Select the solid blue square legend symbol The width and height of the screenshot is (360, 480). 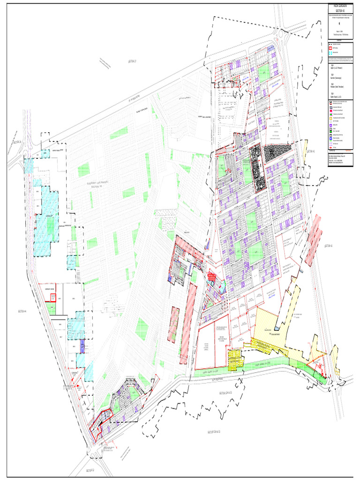(x=330, y=139)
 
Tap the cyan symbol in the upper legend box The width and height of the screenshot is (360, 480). (x=330, y=53)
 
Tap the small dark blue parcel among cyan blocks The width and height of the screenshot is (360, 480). (x=82, y=346)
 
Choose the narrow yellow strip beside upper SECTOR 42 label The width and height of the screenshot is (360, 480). (x=305, y=151)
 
